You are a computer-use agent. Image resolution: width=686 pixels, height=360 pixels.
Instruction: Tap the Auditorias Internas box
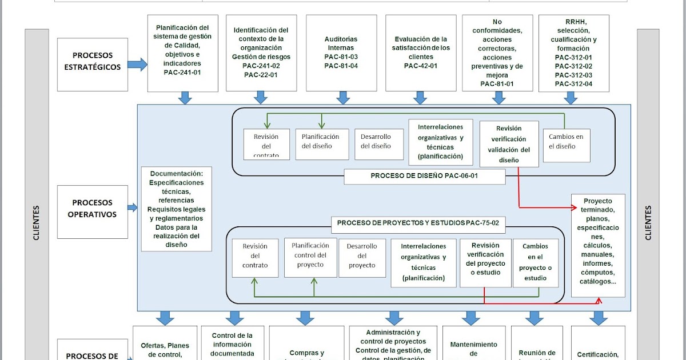tap(341, 53)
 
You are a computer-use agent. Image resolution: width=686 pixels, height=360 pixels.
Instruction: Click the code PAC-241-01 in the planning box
tap(182, 73)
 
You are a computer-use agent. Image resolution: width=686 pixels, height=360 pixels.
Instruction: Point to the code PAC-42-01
tap(421, 66)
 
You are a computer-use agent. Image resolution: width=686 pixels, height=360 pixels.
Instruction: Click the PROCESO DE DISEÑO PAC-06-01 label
tap(424, 177)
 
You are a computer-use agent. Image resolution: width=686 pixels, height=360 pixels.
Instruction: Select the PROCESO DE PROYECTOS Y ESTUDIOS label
tap(421, 223)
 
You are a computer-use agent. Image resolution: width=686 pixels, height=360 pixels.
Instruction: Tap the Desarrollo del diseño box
tap(376, 141)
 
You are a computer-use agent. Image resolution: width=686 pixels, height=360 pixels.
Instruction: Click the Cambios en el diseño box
tap(566, 142)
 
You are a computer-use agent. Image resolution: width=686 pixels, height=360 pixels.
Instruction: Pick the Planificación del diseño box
tap(320, 141)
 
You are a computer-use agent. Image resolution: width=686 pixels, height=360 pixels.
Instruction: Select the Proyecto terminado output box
tap(598, 245)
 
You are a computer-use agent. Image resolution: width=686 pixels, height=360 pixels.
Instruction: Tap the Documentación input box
tap(177, 209)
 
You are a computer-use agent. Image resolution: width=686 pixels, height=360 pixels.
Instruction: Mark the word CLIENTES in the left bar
tap(37, 223)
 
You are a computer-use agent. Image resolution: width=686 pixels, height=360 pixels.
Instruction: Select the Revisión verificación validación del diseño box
tap(509, 144)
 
